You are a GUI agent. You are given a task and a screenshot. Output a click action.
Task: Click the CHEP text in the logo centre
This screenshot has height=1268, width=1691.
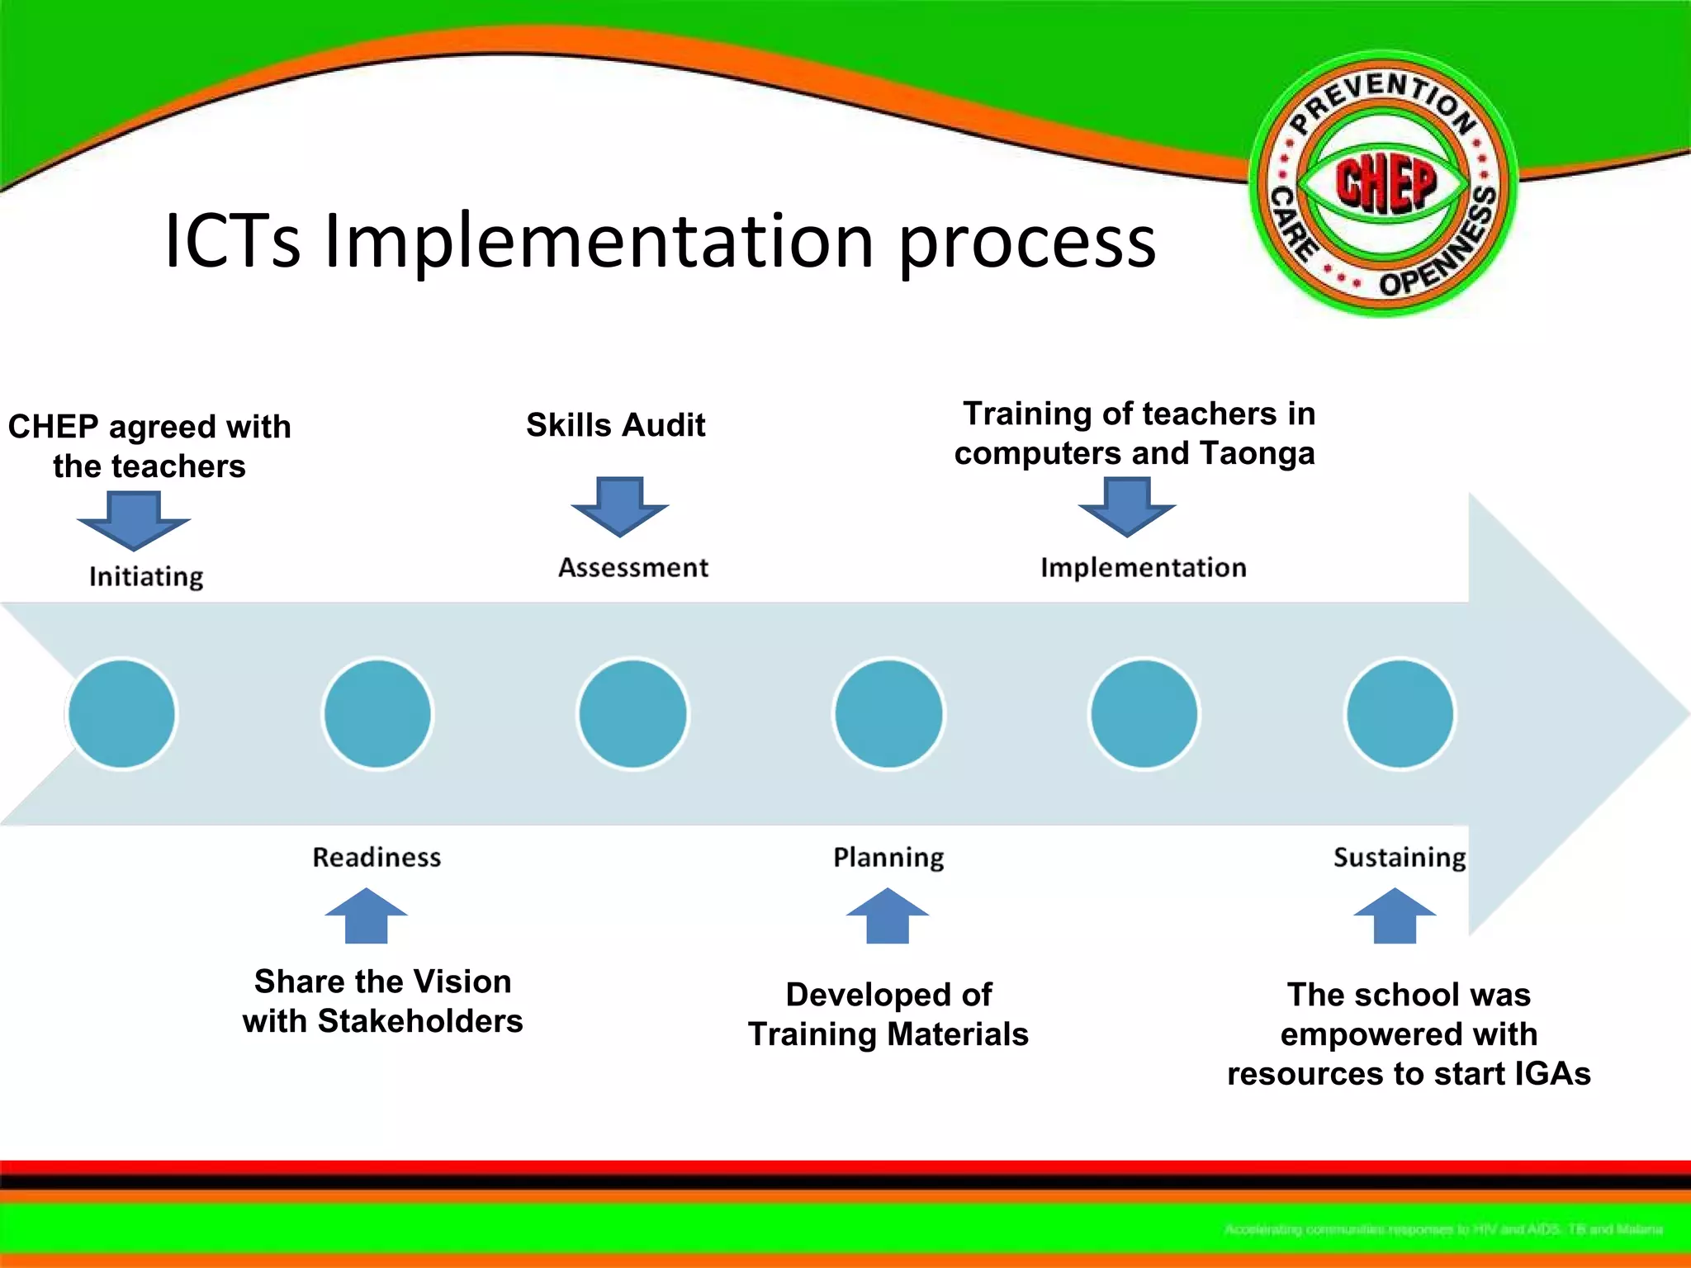click(1386, 182)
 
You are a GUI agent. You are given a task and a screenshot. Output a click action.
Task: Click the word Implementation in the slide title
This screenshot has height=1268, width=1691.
click(599, 242)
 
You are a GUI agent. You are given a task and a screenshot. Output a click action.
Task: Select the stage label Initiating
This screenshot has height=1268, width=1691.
click(146, 576)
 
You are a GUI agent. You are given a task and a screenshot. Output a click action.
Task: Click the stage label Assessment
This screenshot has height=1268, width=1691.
click(633, 568)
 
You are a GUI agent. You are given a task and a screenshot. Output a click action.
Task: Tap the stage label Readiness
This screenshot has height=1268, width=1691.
click(377, 857)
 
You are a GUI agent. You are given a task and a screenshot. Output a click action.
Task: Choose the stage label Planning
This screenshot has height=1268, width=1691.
click(888, 857)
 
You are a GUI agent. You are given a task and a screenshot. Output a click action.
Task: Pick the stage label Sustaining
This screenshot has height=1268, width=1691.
click(1400, 857)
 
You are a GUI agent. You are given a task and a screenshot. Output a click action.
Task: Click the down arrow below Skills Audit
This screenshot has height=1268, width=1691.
click(619, 505)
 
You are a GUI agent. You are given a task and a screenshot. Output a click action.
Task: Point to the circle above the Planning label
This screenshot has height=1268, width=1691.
click(888, 713)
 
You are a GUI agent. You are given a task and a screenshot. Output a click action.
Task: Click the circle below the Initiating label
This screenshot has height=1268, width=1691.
click(122, 713)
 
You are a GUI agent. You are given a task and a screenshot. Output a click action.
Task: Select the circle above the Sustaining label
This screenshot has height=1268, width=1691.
click(1400, 713)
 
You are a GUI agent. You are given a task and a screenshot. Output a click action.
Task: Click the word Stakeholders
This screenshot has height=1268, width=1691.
click(420, 1021)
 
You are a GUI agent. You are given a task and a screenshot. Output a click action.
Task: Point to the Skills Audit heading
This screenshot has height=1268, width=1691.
click(616, 425)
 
